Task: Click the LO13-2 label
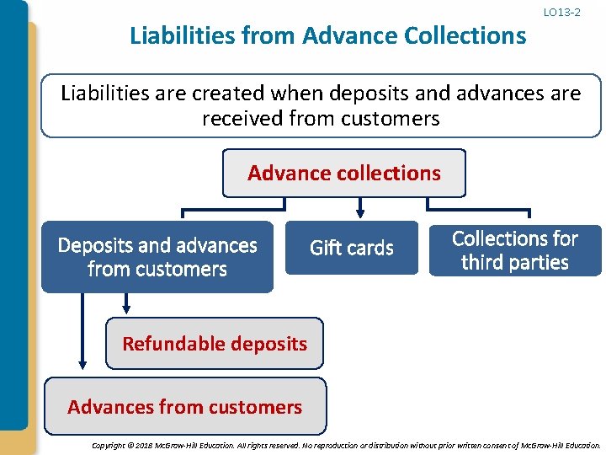(561, 13)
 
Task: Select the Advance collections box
(343, 174)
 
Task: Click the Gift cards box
(351, 248)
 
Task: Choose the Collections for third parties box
(515, 250)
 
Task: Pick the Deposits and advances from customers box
(157, 257)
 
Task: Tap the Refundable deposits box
(215, 343)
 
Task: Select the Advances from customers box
(185, 407)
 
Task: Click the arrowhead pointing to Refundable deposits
(126, 308)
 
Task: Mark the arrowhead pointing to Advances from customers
(82, 365)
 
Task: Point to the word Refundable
(173, 343)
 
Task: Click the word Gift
(325, 248)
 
